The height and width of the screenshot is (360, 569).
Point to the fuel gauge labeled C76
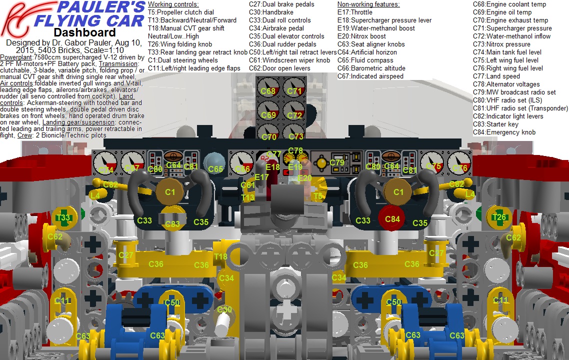pos(459,163)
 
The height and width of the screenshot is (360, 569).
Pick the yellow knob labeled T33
pos(63,217)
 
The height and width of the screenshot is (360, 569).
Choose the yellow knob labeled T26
pos(499,217)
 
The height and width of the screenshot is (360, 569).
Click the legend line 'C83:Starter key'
pos(495,124)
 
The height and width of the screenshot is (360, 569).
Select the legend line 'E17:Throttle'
pos(355,12)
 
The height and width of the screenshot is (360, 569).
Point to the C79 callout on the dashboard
pos(336,163)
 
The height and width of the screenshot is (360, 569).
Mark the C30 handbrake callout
pos(224,310)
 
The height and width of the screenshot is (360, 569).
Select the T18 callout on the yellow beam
pos(220,257)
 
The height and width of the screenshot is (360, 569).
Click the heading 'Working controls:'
pos(173,4)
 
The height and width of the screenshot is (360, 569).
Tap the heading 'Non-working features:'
pos(368,4)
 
